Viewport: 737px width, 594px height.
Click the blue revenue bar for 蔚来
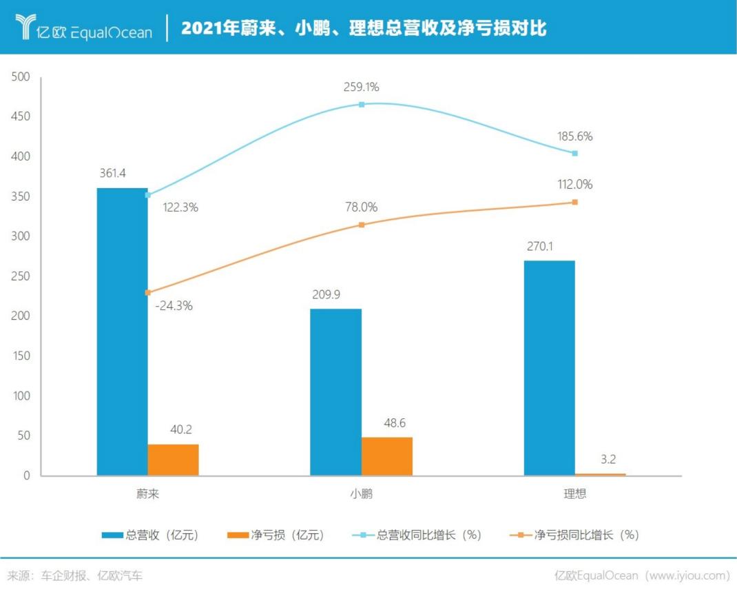click(x=122, y=331)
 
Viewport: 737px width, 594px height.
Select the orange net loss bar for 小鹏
click(x=386, y=456)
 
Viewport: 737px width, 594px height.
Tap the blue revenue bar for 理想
click(x=549, y=368)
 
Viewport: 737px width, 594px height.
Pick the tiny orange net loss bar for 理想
click(x=600, y=474)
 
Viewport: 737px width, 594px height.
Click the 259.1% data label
click(x=362, y=88)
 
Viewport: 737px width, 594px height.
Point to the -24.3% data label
click(x=174, y=306)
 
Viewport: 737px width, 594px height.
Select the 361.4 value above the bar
click(x=112, y=173)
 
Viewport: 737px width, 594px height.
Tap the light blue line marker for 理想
click(x=574, y=153)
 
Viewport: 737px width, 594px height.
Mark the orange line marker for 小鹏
click(x=362, y=225)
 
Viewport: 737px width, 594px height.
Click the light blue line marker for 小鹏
click(x=362, y=105)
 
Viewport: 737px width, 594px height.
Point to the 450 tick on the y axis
click(x=21, y=116)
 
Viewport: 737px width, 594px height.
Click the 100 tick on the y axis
click(x=21, y=396)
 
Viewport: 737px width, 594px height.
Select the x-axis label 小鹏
click(x=361, y=494)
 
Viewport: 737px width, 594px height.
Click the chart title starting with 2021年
click(x=364, y=28)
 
